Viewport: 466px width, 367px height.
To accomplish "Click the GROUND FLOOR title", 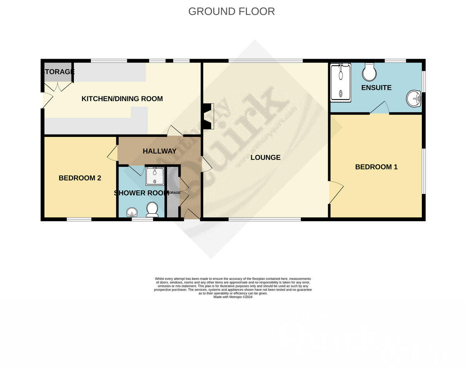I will coord(231,11).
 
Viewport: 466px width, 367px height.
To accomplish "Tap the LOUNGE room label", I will coord(265,157).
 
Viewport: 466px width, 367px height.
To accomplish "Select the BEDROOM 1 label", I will coord(376,167).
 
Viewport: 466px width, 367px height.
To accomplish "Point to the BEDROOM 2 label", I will coord(80,178).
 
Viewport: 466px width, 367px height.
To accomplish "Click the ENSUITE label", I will coord(376,87).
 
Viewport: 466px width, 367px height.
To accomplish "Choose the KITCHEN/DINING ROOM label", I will coord(122,99).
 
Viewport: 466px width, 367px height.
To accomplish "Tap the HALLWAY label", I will coord(159,151).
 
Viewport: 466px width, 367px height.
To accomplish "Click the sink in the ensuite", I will coord(414,99).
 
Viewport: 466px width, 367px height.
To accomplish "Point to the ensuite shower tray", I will coord(341,82).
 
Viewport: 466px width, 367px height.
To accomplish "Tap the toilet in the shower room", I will coord(151,210).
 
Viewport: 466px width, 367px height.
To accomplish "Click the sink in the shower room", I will coord(132,212).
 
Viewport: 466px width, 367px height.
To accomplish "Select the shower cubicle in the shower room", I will coord(155,176).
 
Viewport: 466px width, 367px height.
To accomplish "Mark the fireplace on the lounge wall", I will coord(209,116).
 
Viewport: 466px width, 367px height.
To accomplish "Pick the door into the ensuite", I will coord(379,108).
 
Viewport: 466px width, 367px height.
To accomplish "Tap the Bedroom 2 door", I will coord(112,154).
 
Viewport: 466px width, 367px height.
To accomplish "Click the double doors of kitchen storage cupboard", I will coord(58,87).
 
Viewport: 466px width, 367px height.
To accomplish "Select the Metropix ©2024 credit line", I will coord(233,297).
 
